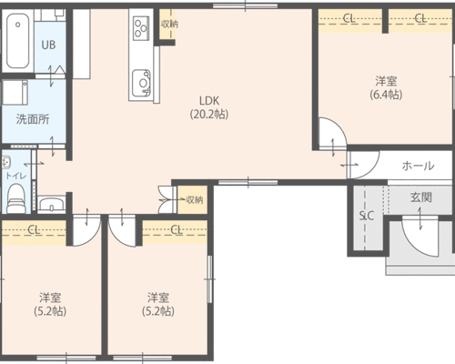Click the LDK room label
pyautogui.click(x=209, y=100)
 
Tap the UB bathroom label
pyautogui.click(x=48, y=45)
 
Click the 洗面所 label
pyautogui.click(x=33, y=119)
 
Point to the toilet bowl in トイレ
pyautogui.click(x=16, y=197)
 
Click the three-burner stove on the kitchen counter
pyautogui.click(x=141, y=27)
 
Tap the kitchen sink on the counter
pyautogui.click(x=141, y=83)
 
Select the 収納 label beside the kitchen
pyautogui.click(x=169, y=25)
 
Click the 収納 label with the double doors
pyautogui.click(x=195, y=200)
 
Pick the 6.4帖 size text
pyautogui.click(x=386, y=95)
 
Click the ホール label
pyautogui.click(x=418, y=166)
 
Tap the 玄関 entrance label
pyautogui.click(x=421, y=197)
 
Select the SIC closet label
pyautogui.click(x=367, y=216)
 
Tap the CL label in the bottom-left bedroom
pyautogui.click(x=34, y=230)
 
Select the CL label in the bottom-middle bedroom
pyautogui.click(x=176, y=230)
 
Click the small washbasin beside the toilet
pyautogui.click(x=51, y=203)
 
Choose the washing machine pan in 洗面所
pyautogui.click(x=15, y=92)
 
